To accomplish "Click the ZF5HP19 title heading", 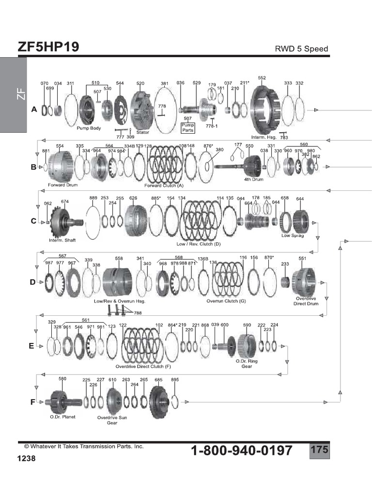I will click(x=48, y=47).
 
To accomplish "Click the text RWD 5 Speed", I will click(x=301, y=49).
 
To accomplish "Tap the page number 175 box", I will click(x=319, y=449).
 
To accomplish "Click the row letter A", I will click(x=34, y=110).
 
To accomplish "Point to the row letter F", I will click(x=33, y=402).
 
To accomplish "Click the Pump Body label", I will click(x=88, y=129).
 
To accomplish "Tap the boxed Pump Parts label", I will click(x=187, y=127).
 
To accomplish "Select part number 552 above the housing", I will click(x=262, y=78).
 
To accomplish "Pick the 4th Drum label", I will click(x=254, y=179).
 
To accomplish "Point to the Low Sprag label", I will click(x=292, y=235).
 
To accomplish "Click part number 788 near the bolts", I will click(x=138, y=313).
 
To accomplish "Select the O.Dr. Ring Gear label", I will click(x=244, y=363).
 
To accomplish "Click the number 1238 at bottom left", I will click(x=27, y=458).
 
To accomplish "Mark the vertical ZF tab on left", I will click(x=20, y=95).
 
